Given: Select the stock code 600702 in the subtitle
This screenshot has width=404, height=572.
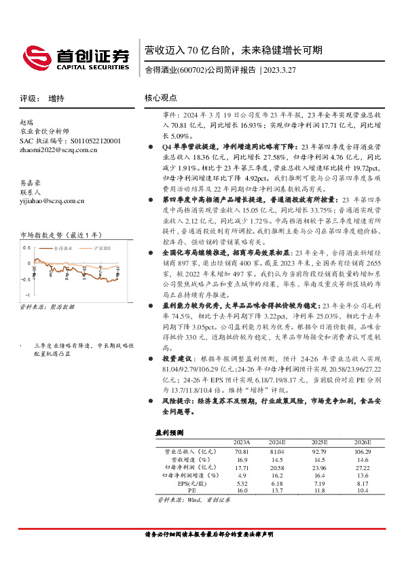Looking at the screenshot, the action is pos(192,70).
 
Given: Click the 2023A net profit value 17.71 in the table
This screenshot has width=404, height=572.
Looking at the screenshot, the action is pos(241,467).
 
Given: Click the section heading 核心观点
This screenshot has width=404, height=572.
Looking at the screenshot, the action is pos(161,98).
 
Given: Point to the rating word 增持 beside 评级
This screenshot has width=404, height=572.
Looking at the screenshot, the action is pos(57,99).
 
